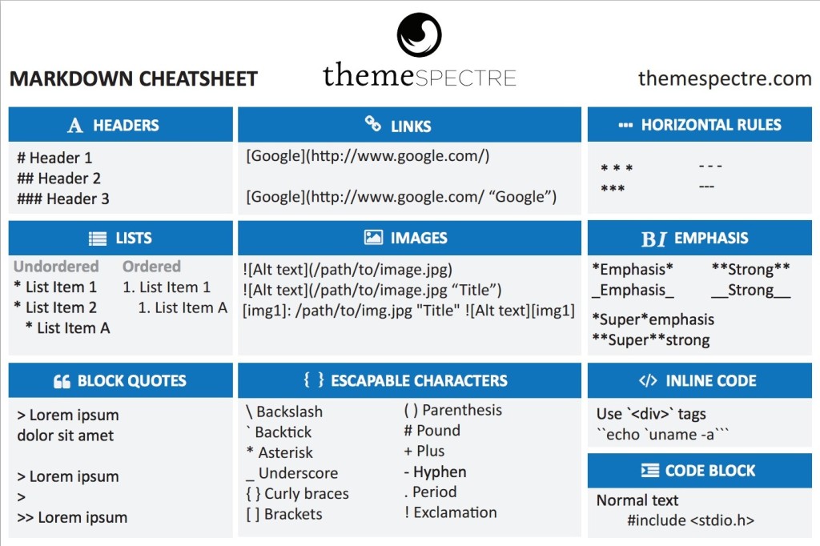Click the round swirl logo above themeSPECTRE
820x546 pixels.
pyautogui.click(x=419, y=34)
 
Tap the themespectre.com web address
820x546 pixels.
pyautogui.click(x=725, y=78)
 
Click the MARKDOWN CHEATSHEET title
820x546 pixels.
pyautogui.click(x=133, y=78)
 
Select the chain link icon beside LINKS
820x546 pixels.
pyautogui.click(x=372, y=124)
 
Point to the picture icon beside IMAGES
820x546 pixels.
pyautogui.click(x=373, y=238)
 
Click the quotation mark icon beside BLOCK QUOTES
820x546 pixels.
pyautogui.click(x=62, y=381)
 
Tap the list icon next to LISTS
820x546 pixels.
pyautogui.click(x=98, y=238)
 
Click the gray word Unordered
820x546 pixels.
pyautogui.click(x=56, y=267)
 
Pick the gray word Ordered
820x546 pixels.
pyautogui.click(x=151, y=267)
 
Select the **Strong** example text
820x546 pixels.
pyautogui.click(x=750, y=269)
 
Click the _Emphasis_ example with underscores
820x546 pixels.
pyautogui.click(x=633, y=290)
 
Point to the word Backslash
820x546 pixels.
pyautogui.click(x=289, y=412)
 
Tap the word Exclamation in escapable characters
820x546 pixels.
pyautogui.click(x=455, y=512)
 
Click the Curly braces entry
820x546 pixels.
pyautogui.click(x=306, y=493)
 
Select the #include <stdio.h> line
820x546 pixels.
pyautogui.click(x=690, y=520)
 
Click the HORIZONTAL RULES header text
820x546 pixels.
pyautogui.click(x=710, y=125)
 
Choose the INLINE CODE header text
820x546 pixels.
pyautogui.click(x=710, y=381)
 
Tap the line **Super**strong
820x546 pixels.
pyautogui.click(x=650, y=340)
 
